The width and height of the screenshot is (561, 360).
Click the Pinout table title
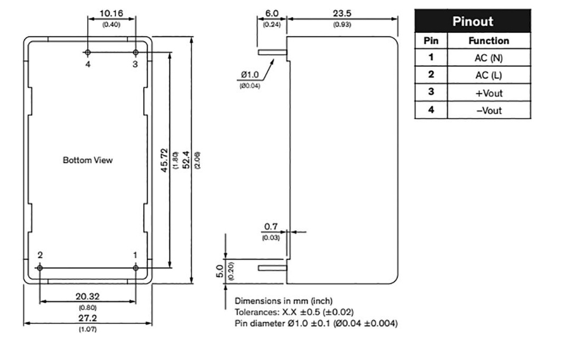pyautogui.click(x=472, y=21)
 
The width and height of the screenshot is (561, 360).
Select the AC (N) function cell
pyautogui.click(x=489, y=58)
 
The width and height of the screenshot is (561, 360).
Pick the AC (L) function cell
pyautogui.click(x=489, y=75)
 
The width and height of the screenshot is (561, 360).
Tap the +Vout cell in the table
pyautogui.click(x=489, y=93)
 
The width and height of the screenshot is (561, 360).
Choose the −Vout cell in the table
pyautogui.click(x=489, y=110)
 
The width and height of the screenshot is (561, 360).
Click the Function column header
pyautogui.click(x=489, y=41)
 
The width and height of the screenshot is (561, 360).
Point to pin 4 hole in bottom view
pyautogui.click(x=88, y=53)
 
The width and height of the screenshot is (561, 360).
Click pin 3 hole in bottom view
pyautogui.click(x=136, y=53)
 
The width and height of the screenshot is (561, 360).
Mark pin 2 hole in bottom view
pyautogui.click(x=40, y=267)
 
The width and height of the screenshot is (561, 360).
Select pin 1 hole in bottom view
pyautogui.click(x=135, y=267)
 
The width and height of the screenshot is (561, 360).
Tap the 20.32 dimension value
pyautogui.click(x=87, y=296)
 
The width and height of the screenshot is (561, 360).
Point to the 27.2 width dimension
pyautogui.click(x=87, y=318)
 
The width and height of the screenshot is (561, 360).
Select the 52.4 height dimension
pyautogui.click(x=186, y=161)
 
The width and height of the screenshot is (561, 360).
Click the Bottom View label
pyautogui.click(x=88, y=160)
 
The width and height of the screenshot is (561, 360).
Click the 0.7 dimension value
pyautogui.click(x=271, y=226)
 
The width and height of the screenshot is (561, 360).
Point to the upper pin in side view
pyautogui.click(x=271, y=53)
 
